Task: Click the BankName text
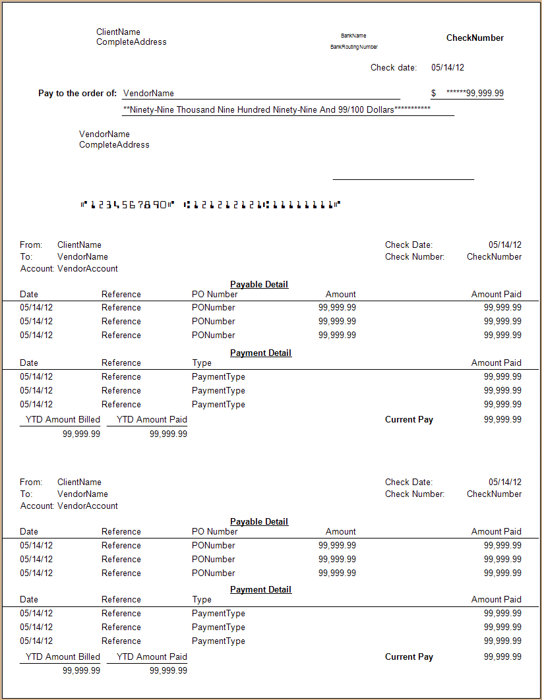[353, 36]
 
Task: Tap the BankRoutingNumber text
[354, 47]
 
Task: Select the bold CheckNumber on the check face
[475, 38]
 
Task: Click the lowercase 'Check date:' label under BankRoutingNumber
[394, 67]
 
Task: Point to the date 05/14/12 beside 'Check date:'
[448, 67]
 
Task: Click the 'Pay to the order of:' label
[78, 94]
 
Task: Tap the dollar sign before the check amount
[434, 94]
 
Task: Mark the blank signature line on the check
[403, 178]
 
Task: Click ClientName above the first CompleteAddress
[118, 32]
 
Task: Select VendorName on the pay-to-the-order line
[148, 94]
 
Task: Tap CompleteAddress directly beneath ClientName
[131, 42]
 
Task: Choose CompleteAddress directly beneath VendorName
[114, 145]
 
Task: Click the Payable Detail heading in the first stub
[259, 284]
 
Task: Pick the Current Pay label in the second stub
[409, 656]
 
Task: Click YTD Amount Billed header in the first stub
[63, 419]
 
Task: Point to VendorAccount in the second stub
[88, 506]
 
